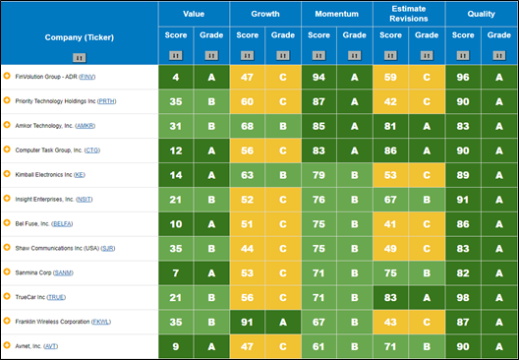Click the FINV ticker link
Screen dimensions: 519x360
click(x=87, y=77)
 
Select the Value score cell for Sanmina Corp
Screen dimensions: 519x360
click(x=176, y=273)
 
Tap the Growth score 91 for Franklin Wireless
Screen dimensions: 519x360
click(x=248, y=323)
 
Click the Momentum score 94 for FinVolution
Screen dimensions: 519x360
click(x=318, y=77)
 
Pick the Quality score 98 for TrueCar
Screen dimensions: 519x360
click(x=463, y=298)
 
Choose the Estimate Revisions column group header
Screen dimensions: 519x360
click(x=409, y=14)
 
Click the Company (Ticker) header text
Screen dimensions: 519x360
click(x=80, y=37)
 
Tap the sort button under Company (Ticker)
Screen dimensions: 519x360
click(x=79, y=58)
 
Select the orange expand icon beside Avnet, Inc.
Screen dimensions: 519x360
click(x=7, y=345)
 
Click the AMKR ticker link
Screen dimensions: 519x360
click(x=86, y=126)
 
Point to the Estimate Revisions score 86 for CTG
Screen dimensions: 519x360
click(x=390, y=150)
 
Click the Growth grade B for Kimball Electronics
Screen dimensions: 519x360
click(x=283, y=175)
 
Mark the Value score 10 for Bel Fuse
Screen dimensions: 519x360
click(x=176, y=224)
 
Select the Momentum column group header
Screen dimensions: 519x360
click(x=336, y=14)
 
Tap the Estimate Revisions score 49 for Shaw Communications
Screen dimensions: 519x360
click(x=390, y=249)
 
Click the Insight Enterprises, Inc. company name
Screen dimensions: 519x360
click(x=44, y=200)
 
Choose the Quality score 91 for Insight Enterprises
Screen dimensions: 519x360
click(x=463, y=200)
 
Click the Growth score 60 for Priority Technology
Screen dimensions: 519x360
click(x=248, y=101)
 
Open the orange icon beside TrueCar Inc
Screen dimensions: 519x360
click(x=7, y=296)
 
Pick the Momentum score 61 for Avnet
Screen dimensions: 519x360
click(x=318, y=347)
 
